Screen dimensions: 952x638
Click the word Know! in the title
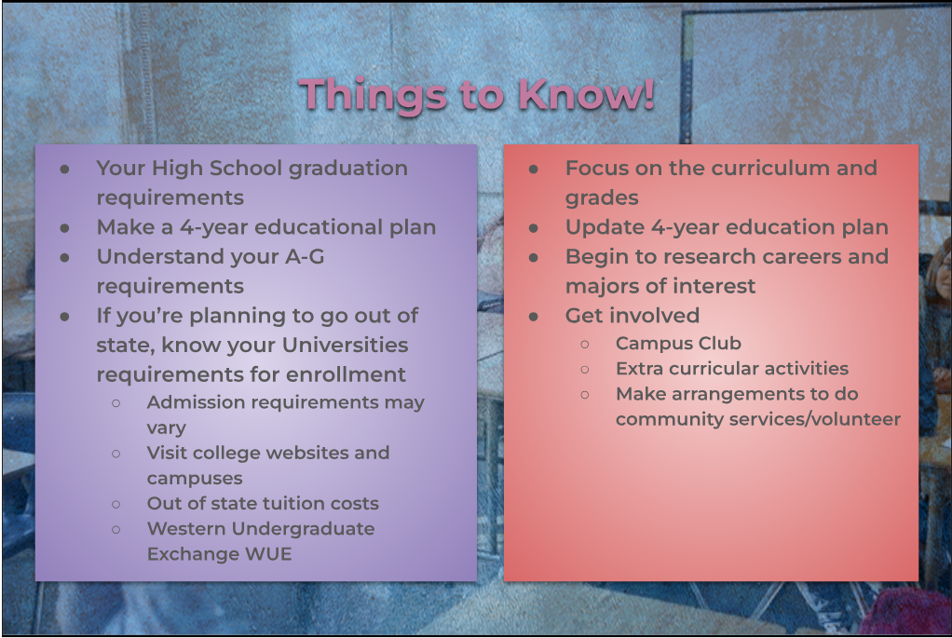586,94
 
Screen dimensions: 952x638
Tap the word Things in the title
373,96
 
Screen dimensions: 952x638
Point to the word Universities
345,345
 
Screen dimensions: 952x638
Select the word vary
167,428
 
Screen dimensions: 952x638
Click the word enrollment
346,374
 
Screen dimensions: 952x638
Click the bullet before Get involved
534,317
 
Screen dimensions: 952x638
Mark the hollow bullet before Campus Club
585,345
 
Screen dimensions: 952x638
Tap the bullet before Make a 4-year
65,228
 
